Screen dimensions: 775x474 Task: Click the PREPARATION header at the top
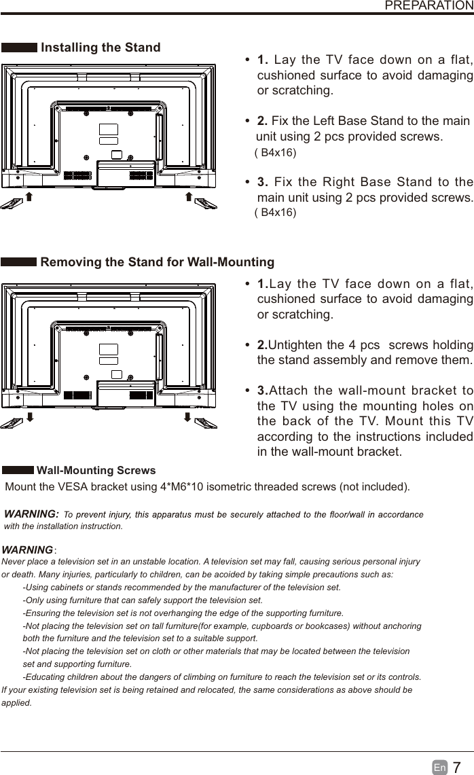(429, 5)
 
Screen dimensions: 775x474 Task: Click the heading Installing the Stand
(101, 48)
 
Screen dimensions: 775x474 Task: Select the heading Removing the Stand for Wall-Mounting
(158, 262)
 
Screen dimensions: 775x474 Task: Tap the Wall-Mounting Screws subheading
(96, 470)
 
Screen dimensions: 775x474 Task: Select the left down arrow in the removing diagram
(29, 416)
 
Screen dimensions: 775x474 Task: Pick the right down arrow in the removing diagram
(187, 416)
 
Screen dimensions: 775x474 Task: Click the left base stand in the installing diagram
(12, 202)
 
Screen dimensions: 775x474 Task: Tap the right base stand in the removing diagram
(205, 422)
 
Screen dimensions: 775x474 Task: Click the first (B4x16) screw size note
(275, 153)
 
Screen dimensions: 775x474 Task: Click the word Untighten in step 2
(297, 345)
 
